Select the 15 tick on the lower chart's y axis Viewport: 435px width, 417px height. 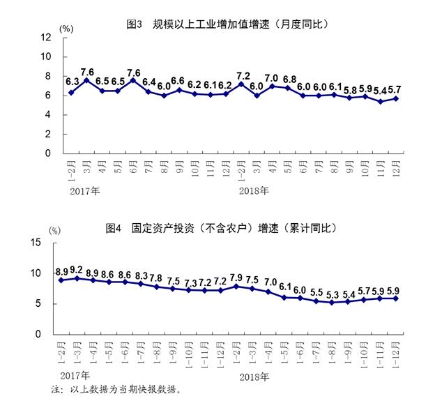tap(38, 242)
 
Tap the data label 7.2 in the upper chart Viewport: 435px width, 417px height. tap(243, 75)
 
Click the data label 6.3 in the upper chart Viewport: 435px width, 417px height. tap(72, 82)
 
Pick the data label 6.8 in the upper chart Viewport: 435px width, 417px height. tap(289, 79)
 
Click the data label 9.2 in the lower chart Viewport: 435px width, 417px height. tap(77, 269)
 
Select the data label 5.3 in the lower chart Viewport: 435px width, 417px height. tap(334, 294)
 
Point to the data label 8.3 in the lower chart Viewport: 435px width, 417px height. tap(141, 275)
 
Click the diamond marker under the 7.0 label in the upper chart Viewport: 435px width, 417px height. tap(273, 86)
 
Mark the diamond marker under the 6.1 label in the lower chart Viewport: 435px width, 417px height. tap(284, 297)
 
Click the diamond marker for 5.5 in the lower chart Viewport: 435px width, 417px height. tap(316, 301)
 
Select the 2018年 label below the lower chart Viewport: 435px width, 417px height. tap(254, 376)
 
